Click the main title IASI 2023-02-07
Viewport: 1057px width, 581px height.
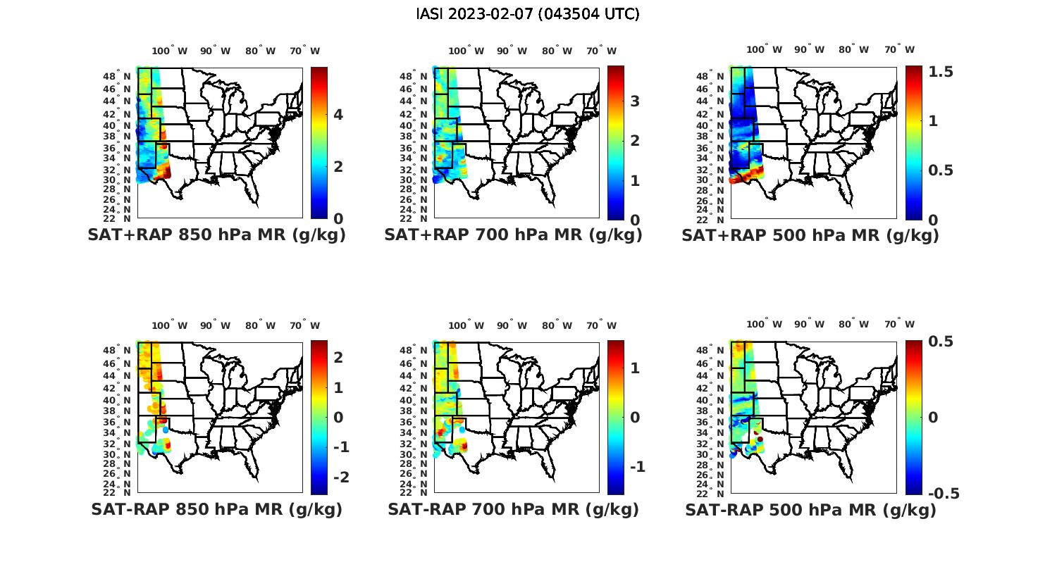click(528, 14)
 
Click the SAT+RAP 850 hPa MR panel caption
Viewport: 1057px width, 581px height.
click(216, 235)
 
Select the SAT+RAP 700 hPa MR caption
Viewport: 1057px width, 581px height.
click(513, 235)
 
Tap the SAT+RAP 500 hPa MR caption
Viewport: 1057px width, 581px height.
click(810, 235)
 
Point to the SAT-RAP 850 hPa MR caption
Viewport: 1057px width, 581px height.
click(216, 509)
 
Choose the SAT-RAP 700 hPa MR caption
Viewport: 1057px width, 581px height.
click(513, 509)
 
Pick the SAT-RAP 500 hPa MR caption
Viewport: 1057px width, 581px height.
click(810, 510)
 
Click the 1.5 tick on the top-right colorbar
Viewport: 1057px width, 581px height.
click(941, 72)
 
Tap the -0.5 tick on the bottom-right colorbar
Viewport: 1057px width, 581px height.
click(944, 494)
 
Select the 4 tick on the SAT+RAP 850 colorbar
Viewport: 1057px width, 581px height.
click(338, 115)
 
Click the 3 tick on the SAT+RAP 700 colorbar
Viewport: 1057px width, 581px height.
click(635, 101)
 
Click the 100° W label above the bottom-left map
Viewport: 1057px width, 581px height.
click(169, 325)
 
